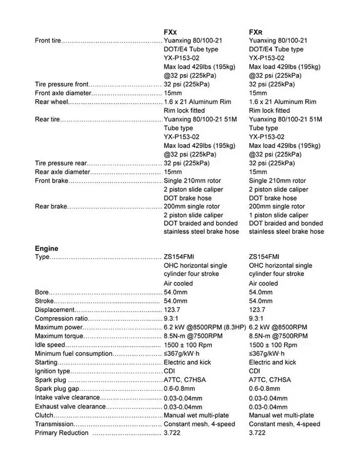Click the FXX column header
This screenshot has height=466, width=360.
pyautogui.click(x=171, y=32)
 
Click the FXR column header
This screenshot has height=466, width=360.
pyautogui.click(x=256, y=32)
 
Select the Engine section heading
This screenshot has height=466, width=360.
pyautogui.click(x=46, y=248)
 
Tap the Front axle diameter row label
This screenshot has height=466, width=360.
pyautogui.click(x=63, y=93)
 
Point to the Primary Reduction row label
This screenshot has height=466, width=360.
pyautogui.click(x=62, y=433)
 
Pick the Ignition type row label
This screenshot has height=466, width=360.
pyautogui.click(x=52, y=371)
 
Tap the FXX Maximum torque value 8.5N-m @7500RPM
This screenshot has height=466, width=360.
pyautogui.click(x=193, y=336)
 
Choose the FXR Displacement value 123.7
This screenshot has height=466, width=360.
pyautogui.click(x=257, y=310)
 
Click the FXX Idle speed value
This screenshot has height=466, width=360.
pyautogui.click(x=188, y=345)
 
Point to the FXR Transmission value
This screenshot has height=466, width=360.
pyautogui.click(x=284, y=424)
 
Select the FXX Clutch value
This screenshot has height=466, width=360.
pyautogui.click(x=196, y=415)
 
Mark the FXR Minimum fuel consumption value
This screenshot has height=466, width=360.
pyautogui.click(x=266, y=353)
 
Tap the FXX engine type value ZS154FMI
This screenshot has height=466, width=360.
pyautogui.click(x=179, y=257)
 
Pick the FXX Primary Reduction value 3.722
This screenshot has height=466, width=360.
pyautogui.click(x=172, y=433)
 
